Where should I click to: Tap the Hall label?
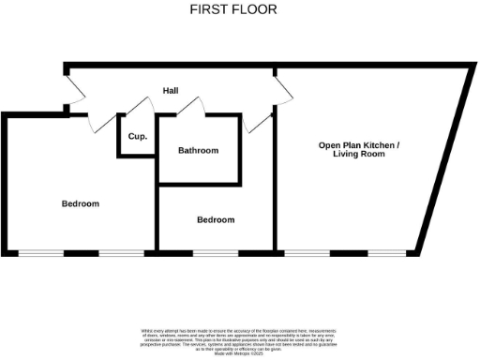click(x=171, y=91)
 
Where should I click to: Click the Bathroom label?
click(x=198, y=151)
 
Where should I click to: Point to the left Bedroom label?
click(x=81, y=203)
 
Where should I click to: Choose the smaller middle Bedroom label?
click(x=216, y=220)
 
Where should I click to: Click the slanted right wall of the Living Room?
click(x=441, y=159)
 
